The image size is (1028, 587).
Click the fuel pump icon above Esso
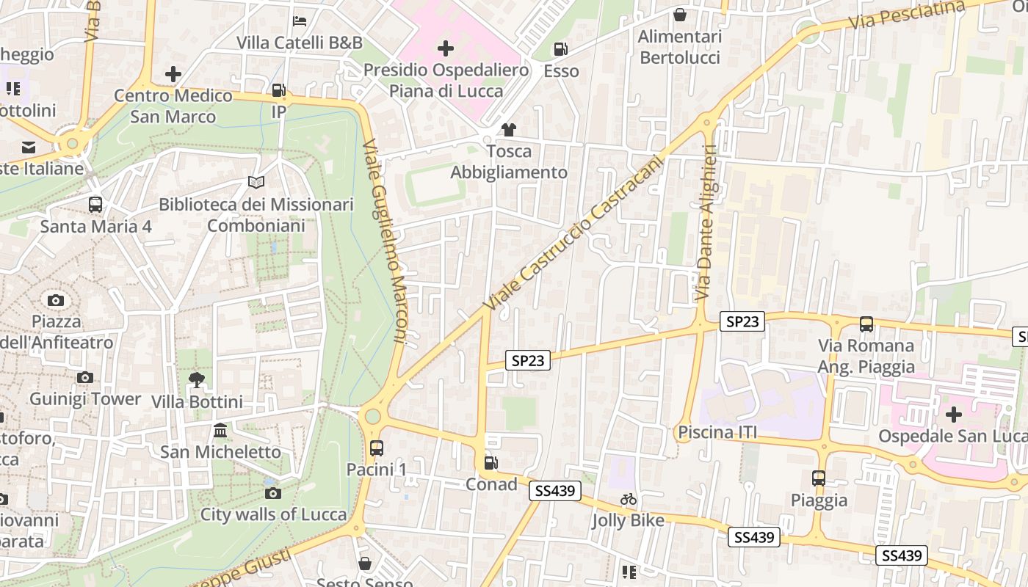click(x=560, y=49)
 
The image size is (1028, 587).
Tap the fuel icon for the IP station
click(x=278, y=90)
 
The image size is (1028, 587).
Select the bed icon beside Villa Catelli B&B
click(x=300, y=21)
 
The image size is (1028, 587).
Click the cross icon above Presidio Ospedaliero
click(x=445, y=49)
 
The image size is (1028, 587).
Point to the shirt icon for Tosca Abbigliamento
click(x=508, y=130)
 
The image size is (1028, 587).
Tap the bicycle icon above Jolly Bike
click(x=629, y=499)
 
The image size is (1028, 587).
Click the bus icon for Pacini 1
click(x=377, y=448)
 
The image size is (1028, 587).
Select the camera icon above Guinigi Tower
click(x=85, y=378)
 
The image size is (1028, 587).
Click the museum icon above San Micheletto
click(x=220, y=430)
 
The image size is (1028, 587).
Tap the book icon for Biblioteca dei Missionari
click(x=256, y=183)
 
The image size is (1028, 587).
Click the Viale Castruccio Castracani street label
click(x=573, y=233)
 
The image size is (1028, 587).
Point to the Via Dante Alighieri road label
click(x=705, y=222)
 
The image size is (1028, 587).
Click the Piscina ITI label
click(x=717, y=432)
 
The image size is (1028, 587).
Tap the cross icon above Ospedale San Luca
click(x=953, y=415)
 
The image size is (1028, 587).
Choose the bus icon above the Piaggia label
click(x=819, y=478)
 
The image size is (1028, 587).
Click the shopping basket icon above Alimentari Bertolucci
click(x=680, y=15)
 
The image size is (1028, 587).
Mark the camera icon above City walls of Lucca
click(x=273, y=493)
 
